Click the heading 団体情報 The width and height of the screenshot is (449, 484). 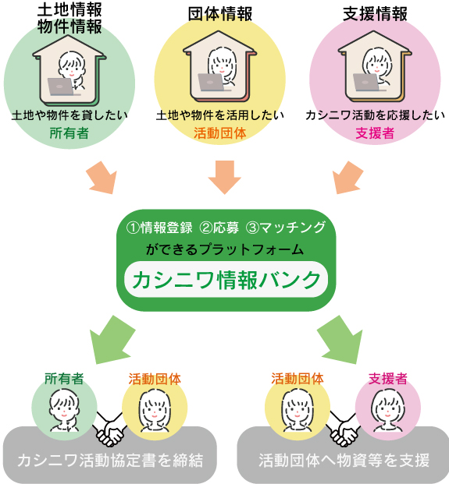220,14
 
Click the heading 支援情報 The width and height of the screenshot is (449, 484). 375,14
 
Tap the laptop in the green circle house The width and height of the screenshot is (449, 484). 61,87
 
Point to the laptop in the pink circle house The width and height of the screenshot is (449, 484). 367,83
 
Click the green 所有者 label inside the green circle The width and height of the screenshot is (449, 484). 69,133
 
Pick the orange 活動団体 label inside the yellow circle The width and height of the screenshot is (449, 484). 220,133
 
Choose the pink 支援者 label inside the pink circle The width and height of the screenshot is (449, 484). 375,133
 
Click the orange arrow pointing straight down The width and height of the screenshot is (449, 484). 225,177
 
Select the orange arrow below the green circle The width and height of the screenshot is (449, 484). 102,178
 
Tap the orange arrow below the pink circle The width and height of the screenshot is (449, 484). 347,178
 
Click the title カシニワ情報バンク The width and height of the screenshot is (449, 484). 226,280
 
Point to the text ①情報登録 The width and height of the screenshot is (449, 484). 159,228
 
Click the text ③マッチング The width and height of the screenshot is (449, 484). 286,228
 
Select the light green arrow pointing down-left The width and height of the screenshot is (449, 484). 112,340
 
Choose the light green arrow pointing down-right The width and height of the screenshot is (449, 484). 340,340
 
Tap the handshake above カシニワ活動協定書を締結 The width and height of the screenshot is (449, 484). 110,429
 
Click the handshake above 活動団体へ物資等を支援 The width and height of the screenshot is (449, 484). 344,429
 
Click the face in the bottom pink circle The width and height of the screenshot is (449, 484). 388,407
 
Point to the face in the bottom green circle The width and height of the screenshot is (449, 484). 64,407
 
